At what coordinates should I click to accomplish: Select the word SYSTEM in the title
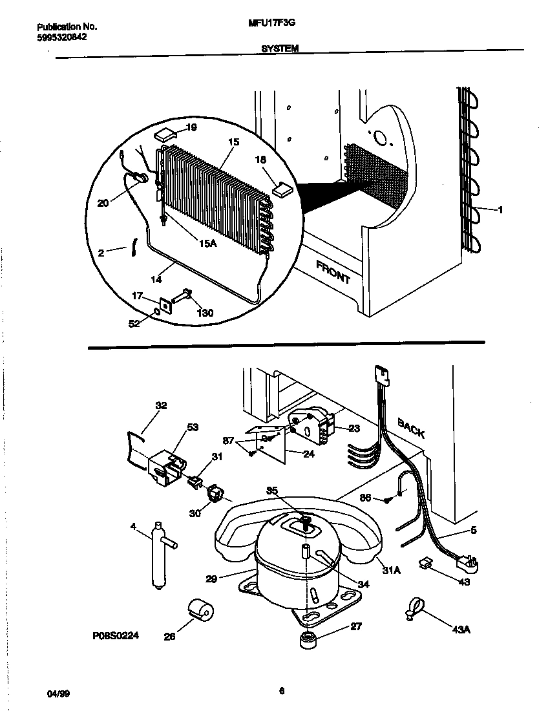point(280,48)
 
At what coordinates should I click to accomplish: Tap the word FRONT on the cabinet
point(333,272)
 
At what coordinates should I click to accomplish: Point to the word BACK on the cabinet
point(411,427)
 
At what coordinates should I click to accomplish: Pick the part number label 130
point(205,313)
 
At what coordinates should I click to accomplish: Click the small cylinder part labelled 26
point(200,609)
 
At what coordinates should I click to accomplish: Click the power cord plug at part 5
point(465,563)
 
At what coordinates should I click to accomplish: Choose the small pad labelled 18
point(282,189)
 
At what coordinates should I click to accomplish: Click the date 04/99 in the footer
point(59,693)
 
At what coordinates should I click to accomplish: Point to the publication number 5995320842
point(62,37)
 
